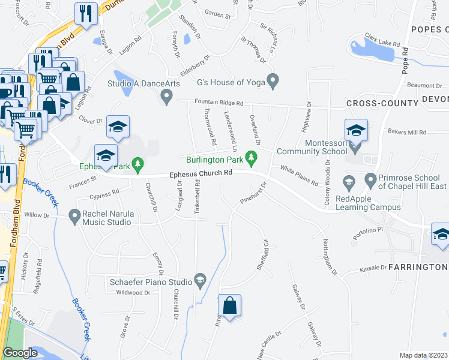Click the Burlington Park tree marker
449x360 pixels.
point(252,159)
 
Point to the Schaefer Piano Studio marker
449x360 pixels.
point(200,280)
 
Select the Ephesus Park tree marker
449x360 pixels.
point(138,163)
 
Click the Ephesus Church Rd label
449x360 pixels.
point(201,173)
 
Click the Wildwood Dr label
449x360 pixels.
point(133,292)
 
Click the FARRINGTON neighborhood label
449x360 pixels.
point(418,266)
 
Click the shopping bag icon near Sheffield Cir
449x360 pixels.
point(229,305)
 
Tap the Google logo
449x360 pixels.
point(20,353)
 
